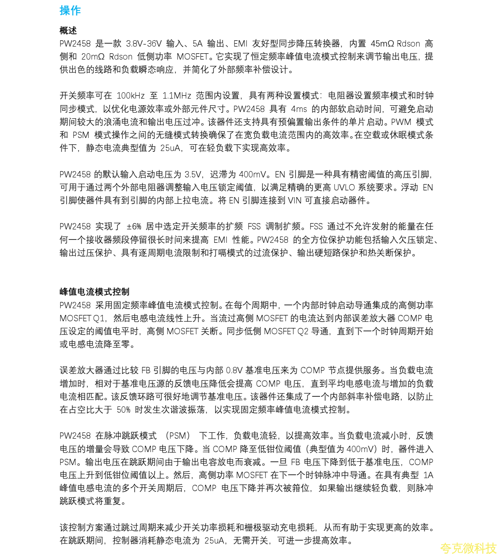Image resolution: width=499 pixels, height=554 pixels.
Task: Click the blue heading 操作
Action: coord(70,10)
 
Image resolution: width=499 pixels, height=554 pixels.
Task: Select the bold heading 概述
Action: coord(68,31)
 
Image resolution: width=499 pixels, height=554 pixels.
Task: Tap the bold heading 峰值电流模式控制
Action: coord(94,292)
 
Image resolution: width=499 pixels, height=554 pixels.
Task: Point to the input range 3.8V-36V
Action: coord(144,44)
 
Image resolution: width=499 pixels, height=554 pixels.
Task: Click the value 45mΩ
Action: coord(382,44)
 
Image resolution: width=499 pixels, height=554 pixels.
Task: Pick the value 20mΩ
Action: coord(93,57)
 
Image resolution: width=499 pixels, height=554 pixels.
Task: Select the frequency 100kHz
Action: coord(130,96)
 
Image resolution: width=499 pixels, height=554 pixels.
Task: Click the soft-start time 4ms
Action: coord(299,109)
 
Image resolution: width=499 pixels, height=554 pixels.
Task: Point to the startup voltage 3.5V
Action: coord(193,174)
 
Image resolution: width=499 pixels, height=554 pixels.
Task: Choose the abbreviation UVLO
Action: coord(344,187)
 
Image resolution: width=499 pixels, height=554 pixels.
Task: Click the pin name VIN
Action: coord(294,200)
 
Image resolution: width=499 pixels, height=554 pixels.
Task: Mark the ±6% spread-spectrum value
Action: coord(134,226)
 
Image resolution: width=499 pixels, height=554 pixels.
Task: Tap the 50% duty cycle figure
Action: coord(123,410)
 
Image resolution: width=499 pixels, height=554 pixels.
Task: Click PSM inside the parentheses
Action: coord(177,436)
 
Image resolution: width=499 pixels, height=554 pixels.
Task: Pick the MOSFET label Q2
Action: coord(302,331)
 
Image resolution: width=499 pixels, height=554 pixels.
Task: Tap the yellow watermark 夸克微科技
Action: coord(468,548)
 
